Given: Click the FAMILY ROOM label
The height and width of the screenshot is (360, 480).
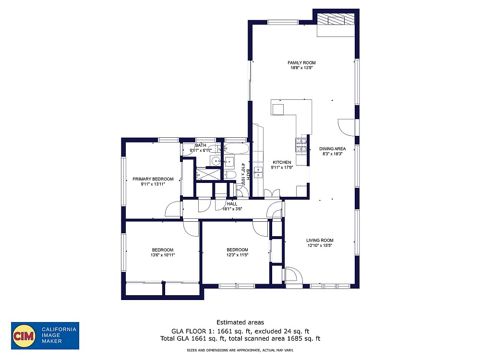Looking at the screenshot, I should point(301,63).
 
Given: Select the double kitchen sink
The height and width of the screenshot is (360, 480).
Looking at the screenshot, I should point(259,172).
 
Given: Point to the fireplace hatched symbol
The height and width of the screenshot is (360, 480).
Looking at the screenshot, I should point(336,20).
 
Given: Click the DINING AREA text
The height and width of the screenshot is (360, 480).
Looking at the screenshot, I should point(333,149).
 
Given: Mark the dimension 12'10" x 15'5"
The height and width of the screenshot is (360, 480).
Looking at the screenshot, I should point(320,246).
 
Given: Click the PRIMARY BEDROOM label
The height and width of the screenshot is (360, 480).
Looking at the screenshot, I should point(153,179).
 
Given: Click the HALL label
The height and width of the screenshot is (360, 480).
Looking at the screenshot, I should point(232,204).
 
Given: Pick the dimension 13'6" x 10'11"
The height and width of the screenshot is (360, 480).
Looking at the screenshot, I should point(163,255).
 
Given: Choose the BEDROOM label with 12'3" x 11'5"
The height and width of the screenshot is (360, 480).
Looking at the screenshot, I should point(237,250).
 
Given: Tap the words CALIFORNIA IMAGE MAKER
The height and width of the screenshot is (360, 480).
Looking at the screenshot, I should point(59,335).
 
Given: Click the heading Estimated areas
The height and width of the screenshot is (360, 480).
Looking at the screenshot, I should point(240,322).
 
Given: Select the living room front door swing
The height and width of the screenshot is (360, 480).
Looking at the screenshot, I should point(294,275).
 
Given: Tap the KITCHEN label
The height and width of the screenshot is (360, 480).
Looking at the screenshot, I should point(282,162).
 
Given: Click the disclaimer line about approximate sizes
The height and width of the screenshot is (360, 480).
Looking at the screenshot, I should point(240,350).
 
